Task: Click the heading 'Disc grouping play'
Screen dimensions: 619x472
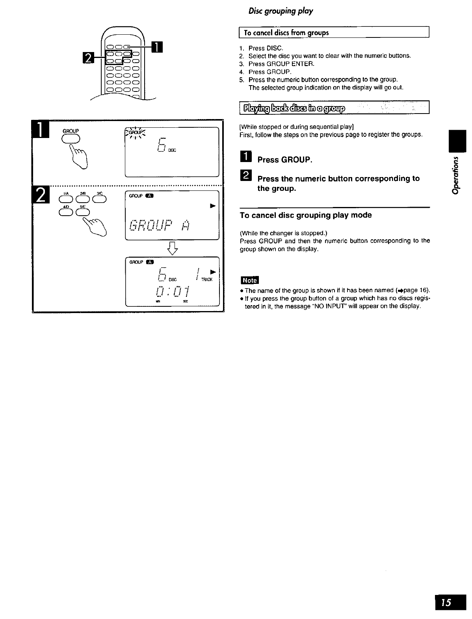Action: [281, 11]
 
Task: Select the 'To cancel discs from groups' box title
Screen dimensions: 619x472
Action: [286, 33]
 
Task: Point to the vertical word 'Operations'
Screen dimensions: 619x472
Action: [456, 173]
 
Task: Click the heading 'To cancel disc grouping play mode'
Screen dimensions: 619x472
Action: [306, 215]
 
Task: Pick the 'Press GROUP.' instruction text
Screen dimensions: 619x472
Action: [284, 160]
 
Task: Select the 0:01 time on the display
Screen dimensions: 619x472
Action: [173, 292]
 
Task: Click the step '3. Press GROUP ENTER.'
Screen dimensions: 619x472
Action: [281, 64]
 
